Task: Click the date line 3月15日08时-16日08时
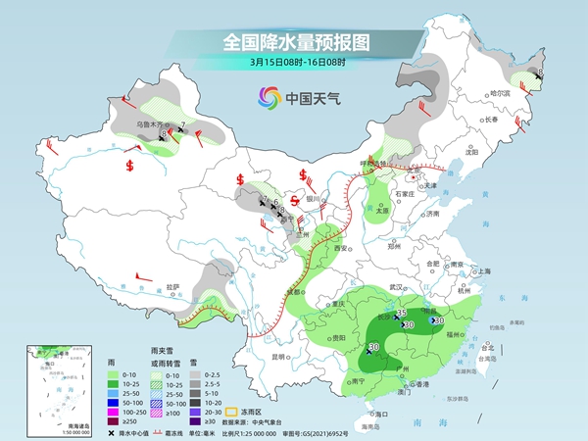294,65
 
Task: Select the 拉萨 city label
172,285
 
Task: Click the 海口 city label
381,415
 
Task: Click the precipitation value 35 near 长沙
402,312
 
